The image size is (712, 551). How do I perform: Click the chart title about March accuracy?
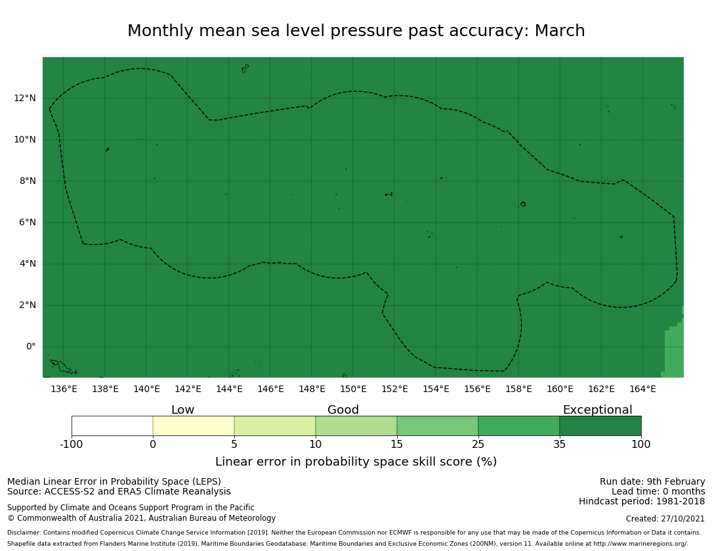pos(356,32)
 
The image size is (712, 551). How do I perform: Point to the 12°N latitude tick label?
pos(25,99)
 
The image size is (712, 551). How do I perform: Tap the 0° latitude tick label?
pos(30,347)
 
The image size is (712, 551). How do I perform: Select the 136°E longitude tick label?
pos(64,389)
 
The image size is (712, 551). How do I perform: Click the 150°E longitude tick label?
pos(353,389)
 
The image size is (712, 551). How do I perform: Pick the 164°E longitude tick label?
pos(642,389)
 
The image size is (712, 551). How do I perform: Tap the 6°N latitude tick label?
pos(25,223)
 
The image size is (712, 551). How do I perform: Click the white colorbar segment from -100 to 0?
pos(112,426)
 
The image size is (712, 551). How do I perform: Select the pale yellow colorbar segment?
pos(194,426)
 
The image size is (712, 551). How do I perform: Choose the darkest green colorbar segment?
pos(600,426)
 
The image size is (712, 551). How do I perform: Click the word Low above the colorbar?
pos(182,410)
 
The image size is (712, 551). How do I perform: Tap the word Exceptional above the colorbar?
pos(597,410)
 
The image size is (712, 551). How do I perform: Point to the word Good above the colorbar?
pos(343,410)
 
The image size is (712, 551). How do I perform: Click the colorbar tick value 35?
pos(560,445)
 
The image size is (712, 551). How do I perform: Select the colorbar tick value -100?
pos(72,445)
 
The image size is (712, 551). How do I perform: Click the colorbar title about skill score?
pos(356,462)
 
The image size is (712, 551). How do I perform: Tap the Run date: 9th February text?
pos(652,482)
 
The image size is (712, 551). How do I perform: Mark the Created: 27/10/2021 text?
pos(665,519)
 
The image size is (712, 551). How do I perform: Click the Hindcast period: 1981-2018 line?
pos(642,502)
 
